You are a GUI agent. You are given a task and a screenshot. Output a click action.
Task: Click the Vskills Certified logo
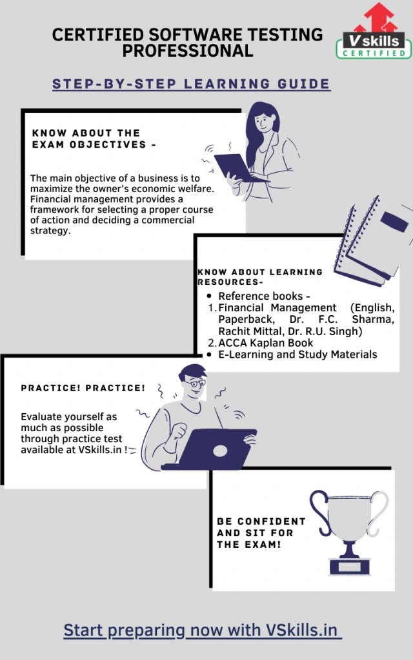[x=374, y=31]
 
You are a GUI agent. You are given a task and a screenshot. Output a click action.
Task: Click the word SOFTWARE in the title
[x=196, y=35]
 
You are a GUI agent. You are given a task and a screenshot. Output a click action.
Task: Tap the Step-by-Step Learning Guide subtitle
[x=191, y=84]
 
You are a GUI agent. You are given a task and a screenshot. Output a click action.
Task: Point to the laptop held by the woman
[x=236, y=168]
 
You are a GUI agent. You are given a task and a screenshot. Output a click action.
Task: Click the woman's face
[x=263, y=122]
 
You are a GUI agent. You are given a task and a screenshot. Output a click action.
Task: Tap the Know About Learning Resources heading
[x=260, y=277]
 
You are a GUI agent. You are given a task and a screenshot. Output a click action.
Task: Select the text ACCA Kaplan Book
[x=265, y=343]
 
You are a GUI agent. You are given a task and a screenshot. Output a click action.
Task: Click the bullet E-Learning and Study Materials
[x=297, y=354]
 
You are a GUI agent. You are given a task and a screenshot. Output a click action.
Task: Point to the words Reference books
[x=261, y=296]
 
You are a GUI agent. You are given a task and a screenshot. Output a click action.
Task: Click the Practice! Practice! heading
[x=83, y=388]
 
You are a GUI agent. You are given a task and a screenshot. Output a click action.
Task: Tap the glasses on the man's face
[x=195, y=383]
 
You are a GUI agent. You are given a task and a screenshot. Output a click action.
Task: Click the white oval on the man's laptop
[x=220, y=451]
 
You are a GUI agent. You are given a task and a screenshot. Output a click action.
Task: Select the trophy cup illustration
[x=349, y=532]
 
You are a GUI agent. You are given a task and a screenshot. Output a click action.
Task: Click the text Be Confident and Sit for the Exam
[x=261, y=533]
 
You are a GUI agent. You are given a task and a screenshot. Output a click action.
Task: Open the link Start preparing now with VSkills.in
[x=201, y=630]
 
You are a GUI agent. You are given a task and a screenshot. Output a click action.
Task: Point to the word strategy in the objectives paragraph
[x=50, y=231]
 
